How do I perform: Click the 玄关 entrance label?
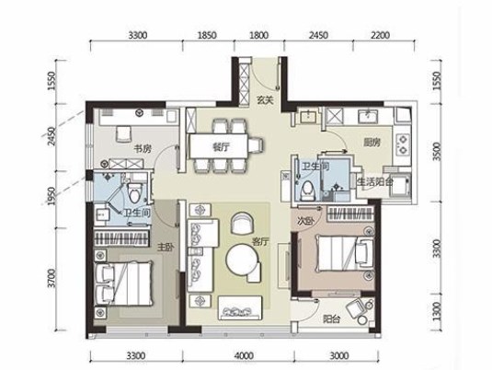[x=266, y=100]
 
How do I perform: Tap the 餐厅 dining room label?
[x=221, y=146]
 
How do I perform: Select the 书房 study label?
[x=143, y=148]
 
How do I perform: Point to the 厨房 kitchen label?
[x=372, y=143]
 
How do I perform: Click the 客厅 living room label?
[x=261, y=241]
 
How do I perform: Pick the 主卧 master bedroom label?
[x=166, y=248]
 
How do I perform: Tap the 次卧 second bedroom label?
[x=305, y=221]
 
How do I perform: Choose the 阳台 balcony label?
[x=332, y=319]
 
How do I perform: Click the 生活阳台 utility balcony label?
[x=375, y=181]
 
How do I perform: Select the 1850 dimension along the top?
[x=207, y=35]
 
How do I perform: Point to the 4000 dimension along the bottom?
[x=244, y=355]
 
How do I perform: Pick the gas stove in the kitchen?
[x=402, y=144]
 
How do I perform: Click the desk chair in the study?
[x=123, y=133]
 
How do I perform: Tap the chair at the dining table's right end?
[x=256, y=145]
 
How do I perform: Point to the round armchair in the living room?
[x=241, y=223]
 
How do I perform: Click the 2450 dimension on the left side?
[x=51, y=136]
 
